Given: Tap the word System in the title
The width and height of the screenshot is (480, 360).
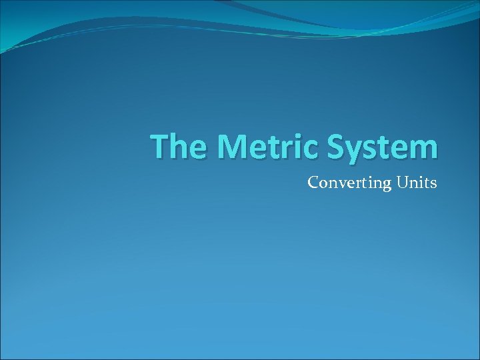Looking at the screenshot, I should pyautogui.click(x=382, y=147).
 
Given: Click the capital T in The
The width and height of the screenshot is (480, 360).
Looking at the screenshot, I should pyautogui.click(x=159, y=147).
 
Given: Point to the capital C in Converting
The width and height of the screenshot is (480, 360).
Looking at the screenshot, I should pyautogui.click(x=313, y=181).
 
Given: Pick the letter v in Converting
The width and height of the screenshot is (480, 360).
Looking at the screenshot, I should pyautogui.click(x=335, y=183).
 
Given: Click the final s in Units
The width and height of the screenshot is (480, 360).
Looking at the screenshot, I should pyautogui.click(x=433, y=183).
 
